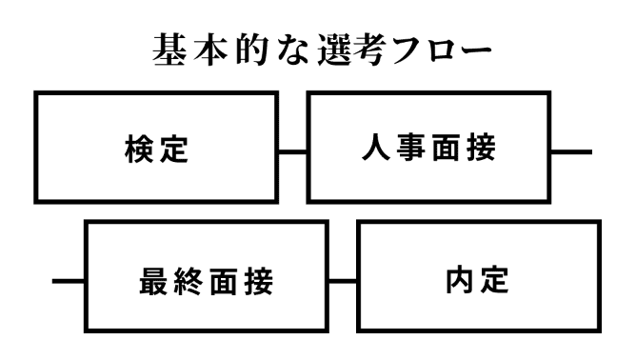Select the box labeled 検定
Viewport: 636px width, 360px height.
[156, 150]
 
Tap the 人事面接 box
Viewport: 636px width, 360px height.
[427, 150]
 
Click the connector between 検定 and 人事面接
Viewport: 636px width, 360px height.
[291, 150]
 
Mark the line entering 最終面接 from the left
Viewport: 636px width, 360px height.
[68, 283]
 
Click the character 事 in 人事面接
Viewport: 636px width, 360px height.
[409, 150]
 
